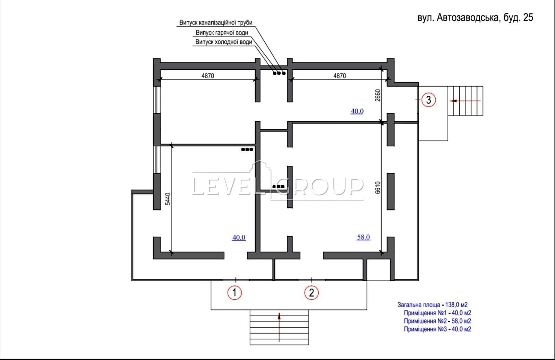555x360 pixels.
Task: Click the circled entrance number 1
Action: point(234,293)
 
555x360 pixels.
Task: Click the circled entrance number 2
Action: point(311,293)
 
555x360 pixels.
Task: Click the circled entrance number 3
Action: point(429,100)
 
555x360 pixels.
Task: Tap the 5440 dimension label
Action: point(168,199)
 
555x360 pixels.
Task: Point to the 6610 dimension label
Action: point(377,188)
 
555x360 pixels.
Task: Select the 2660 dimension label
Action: point(377,95)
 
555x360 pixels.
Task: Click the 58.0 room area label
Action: point(364,237)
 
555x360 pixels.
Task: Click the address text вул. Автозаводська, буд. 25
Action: point(475,18)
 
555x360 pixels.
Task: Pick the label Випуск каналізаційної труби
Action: point(216,23)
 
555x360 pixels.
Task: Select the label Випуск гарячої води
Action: point(222,33)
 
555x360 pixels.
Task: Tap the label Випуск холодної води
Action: point(224,42)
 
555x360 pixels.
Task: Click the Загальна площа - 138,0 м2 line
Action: point(432,305)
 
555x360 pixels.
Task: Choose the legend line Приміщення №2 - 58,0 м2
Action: point(437,321)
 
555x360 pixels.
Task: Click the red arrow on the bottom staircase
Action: point(279,327)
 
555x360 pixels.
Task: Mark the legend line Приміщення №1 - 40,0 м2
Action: point(437,313)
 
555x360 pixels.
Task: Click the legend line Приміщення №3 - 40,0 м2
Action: point(437,329)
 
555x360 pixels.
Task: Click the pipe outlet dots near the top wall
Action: point(279,73)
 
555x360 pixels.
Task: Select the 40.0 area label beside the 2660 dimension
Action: point(357,111)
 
